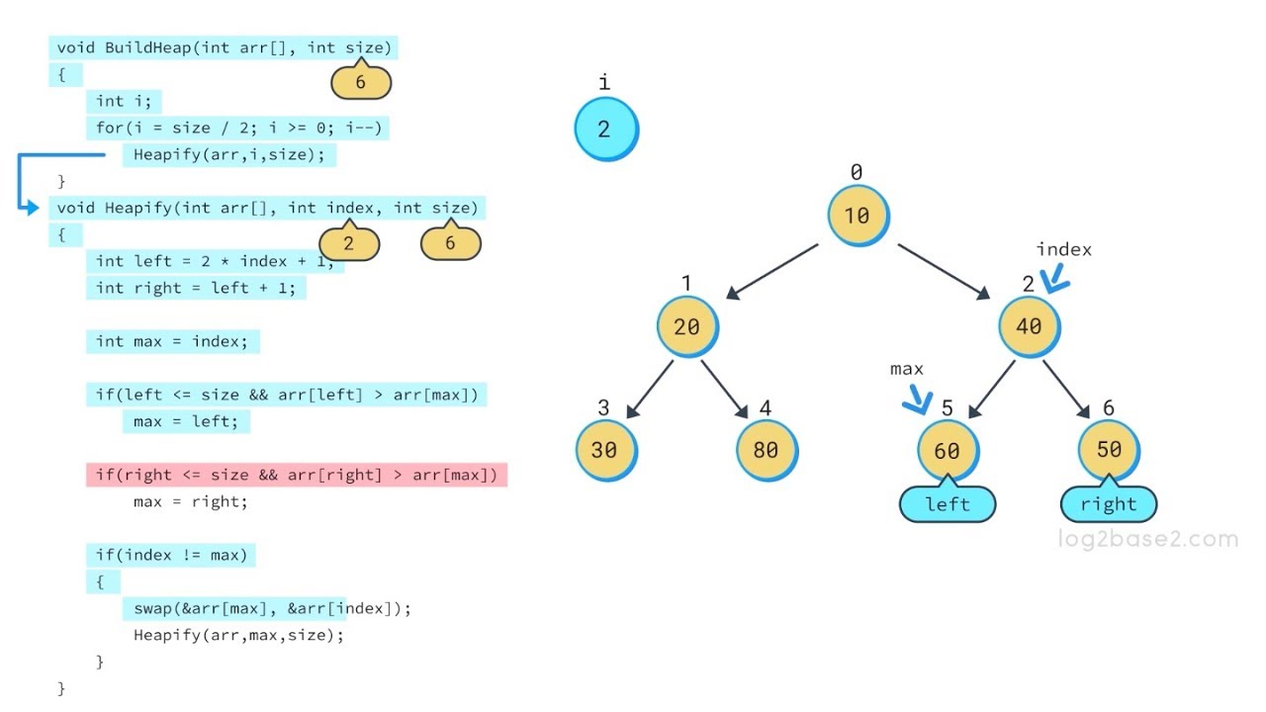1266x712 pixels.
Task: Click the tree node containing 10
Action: click(x=858, y=216)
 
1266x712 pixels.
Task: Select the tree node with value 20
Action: click(x=686, y=326)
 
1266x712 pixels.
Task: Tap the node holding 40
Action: click(x=1029, y=326)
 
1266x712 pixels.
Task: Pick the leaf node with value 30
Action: click(x=604, y=450)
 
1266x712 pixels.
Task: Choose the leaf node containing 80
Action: click(x=766, y=450)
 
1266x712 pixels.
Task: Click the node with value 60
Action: click(x=947, y=450)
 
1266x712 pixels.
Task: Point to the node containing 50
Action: click(x=1109, y=450)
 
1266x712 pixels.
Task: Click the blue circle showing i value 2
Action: click(x=605, y=130)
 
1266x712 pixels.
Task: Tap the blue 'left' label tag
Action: click(x=948, y=504)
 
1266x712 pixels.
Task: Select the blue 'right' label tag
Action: click(x=1109, y=504)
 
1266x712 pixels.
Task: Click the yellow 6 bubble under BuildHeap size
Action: click(x=361, y=83)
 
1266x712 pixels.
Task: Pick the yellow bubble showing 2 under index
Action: click(x=349, y=243)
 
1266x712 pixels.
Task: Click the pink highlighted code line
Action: click(x=297, y=475)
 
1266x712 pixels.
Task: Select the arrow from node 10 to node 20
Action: click(x=771, y=271)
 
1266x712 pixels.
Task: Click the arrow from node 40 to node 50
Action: click(x=1067, y=390)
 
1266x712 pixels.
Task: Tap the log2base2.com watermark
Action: click(x=1147, y=540)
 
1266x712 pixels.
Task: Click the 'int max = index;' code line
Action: click(x=173, y=342)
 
